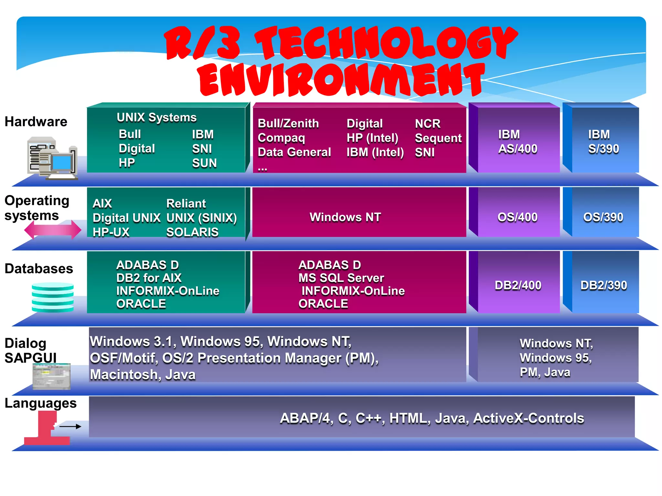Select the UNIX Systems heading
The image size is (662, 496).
(156, 117)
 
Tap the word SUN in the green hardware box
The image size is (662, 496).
(204, 163)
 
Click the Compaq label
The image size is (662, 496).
(281, 138)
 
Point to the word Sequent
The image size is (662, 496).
(438, 138)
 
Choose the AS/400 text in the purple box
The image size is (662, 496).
(518, 149)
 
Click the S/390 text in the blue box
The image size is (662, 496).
(603, 149)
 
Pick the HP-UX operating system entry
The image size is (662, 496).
(111, 232)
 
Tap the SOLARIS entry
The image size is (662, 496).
(192, 232)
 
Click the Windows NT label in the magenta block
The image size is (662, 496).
(345, 217)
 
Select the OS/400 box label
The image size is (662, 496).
(518, 217)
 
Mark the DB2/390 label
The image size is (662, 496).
(603, 285)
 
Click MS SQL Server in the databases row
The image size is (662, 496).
(341, 278)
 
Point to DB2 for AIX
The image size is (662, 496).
(149, 278)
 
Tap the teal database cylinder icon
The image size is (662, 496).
(53, 297)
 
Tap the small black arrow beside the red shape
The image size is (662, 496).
(70, 427)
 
